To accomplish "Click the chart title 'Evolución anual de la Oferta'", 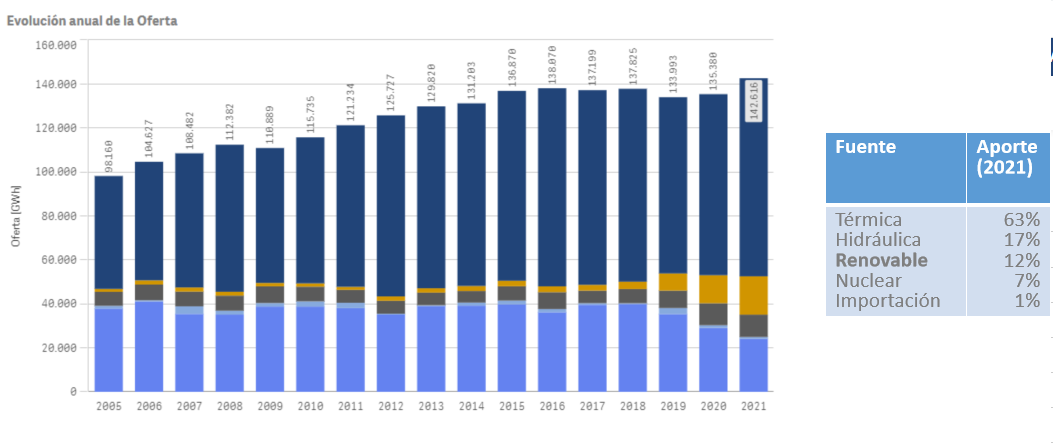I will (x=92, y=21).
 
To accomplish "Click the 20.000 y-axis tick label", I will (x=58, y=347).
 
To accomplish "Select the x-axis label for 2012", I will (x=391, y=407).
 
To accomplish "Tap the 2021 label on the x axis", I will (x=753, y=407).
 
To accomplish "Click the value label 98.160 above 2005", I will (x=109, y=154).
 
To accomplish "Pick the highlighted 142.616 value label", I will (x=754, y=100).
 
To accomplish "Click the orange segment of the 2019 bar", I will (x=673, y=281).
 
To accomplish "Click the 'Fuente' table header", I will (x=865, y=147).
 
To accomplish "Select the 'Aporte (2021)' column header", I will (x=1007, y=157).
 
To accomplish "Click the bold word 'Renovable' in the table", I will (x=881, y=260).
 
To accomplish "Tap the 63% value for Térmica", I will (x=1021, y=220).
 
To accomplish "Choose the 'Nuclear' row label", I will (x=867, y=280).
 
